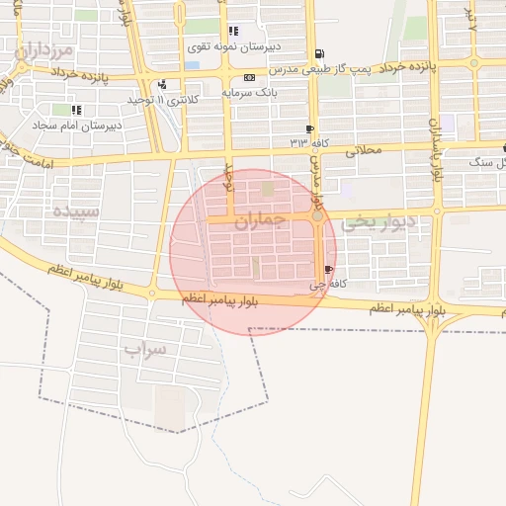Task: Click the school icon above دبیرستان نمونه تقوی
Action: tap(233, 31)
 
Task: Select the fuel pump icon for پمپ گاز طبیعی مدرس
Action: tap(316, 53)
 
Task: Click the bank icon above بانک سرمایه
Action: tap(249, 77)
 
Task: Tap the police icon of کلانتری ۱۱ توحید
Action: tap(162, 84)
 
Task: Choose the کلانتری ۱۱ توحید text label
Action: tap(164, 100)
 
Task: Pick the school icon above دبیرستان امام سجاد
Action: tap(76, 110)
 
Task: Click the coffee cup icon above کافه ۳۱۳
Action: tap(310, 129)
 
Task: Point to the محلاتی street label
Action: tap(364, 153)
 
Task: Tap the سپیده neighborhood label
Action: tap(75, 211)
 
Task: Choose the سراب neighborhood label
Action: tap(145, 348)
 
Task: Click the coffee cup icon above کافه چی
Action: tap(328, 269)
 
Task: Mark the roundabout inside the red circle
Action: tap(316, 217)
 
